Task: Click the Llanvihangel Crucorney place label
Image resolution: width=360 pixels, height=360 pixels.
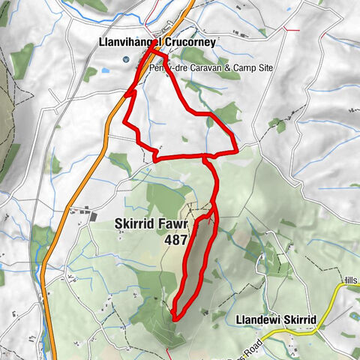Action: tap(157, 43)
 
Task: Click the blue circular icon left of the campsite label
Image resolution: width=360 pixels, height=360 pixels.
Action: tap(125, 60)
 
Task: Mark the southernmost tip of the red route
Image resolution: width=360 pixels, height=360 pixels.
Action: tap(174, 318)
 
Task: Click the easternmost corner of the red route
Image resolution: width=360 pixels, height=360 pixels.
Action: tap(236, 150)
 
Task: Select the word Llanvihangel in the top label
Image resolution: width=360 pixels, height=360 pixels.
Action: tap(127, 43)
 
